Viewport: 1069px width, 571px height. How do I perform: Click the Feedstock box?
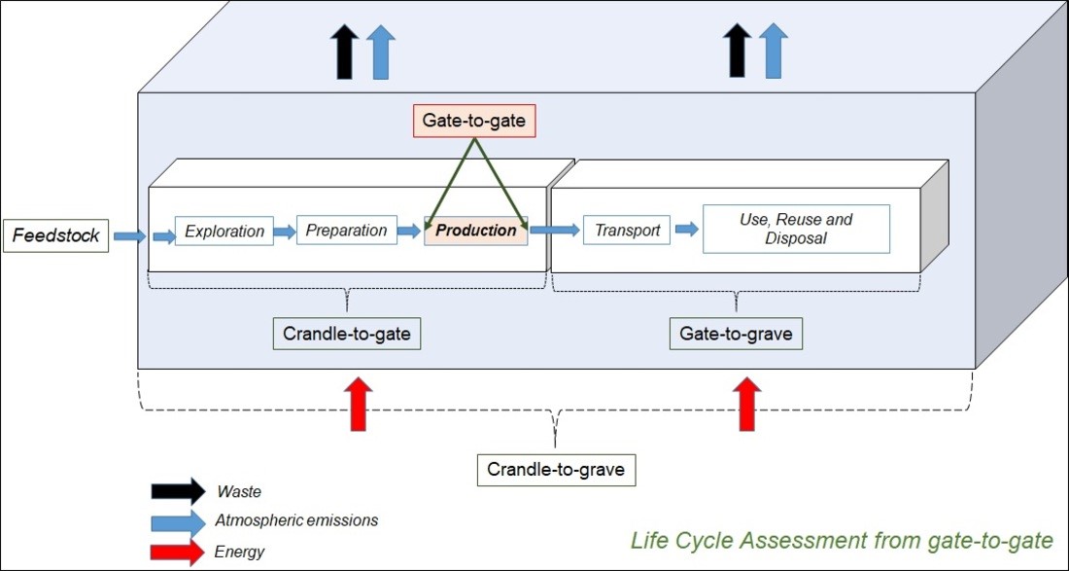tap(55, 236)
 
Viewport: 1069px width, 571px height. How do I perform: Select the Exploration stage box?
tap(224, 232)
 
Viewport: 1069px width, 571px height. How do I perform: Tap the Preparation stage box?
tap(346, 231)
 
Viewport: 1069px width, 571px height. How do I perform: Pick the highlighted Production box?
tap(476, 231)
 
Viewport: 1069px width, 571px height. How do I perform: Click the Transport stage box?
tap(627, 231)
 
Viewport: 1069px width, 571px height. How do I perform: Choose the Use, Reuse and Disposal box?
tap(796, 230)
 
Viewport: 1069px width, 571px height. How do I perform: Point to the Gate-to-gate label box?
tap(474, 121)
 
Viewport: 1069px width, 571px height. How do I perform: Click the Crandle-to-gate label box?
tap(347, 334)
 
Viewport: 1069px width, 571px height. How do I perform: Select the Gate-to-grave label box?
tap(736, 334)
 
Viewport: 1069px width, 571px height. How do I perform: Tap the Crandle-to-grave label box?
tap(557, 470)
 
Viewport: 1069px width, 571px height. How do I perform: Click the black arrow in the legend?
tap(178, 491)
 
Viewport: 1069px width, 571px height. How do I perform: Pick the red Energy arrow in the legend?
tap(178, 553)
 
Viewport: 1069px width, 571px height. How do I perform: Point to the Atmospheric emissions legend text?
tap(297, 520)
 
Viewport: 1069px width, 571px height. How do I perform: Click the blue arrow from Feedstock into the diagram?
tap(129, 236)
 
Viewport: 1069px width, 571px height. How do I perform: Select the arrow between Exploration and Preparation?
tap(285, 232)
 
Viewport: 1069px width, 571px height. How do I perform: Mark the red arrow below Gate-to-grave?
tap(746, 403)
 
